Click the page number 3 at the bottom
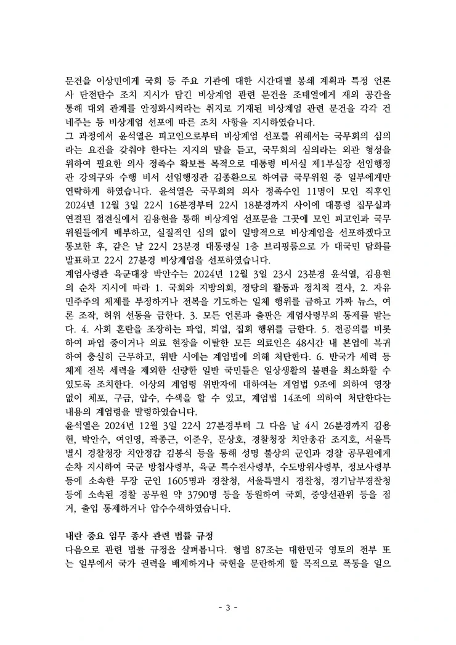pyautogui.click(x=227, y=607)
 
